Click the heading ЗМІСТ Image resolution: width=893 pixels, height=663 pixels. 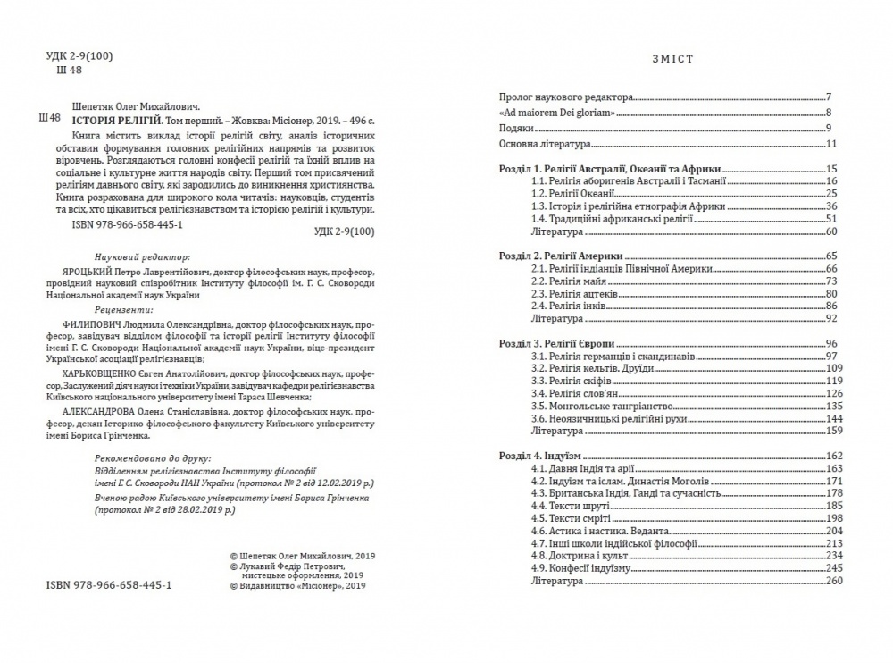(675, 59)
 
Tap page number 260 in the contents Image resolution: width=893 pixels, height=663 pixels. (835, 581)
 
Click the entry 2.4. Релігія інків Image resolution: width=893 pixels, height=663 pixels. (568, 306)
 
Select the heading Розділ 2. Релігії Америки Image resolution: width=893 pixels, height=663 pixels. (560, 256)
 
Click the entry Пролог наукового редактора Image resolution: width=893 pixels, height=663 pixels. (564, 96)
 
